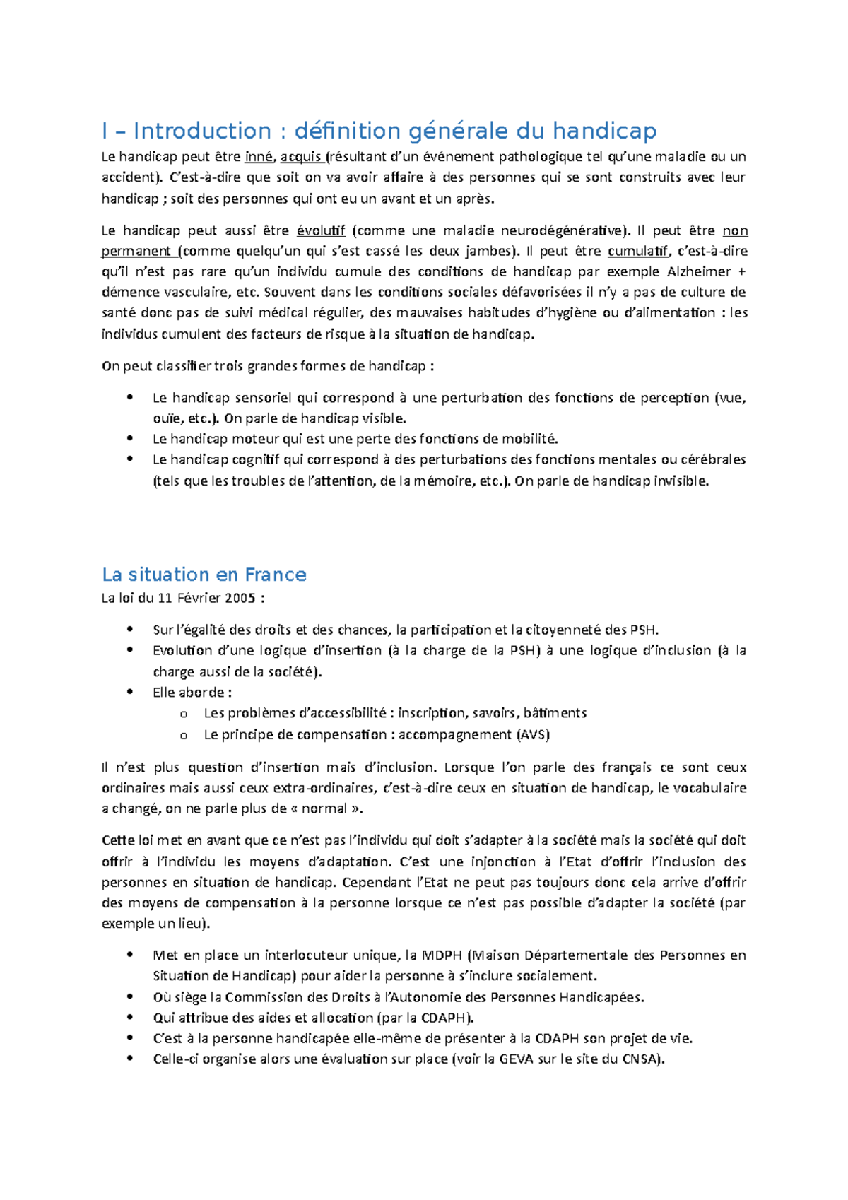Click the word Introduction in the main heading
coord(202,131)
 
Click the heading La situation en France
coord(204,574)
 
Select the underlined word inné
coord(258,157)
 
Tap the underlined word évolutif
coord(321,230)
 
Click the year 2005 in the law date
coord(241,598)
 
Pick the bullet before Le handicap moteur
coord(130,438)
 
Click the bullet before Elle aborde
coord(130,692)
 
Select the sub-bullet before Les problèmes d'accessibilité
coord(184,714)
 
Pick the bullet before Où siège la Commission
coord(130,996)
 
